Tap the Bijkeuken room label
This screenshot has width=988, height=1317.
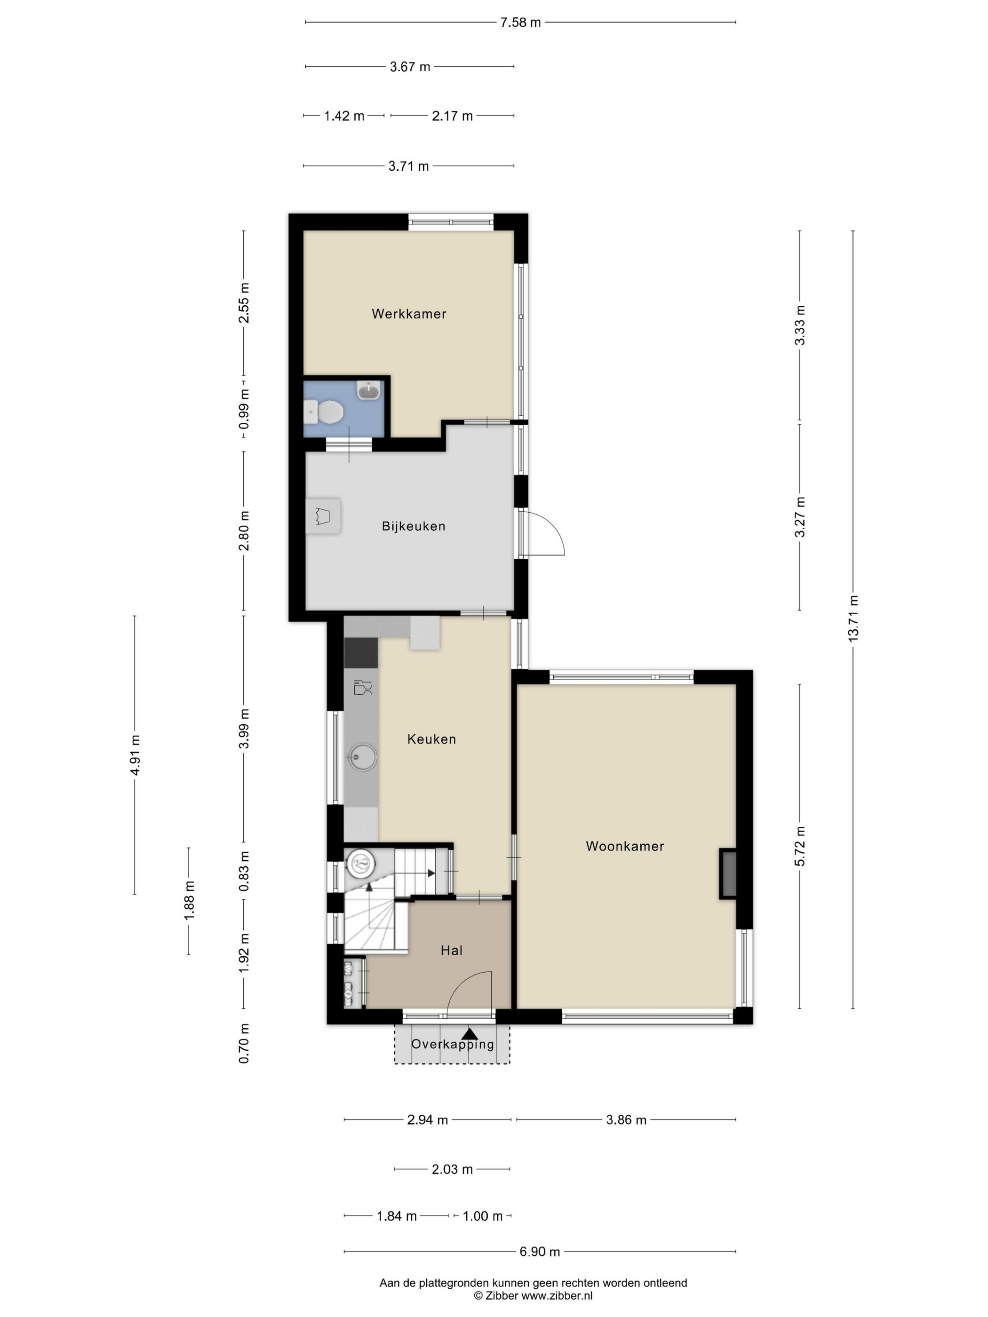413,526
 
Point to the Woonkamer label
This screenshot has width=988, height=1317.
625,846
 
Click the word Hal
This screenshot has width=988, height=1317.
451,950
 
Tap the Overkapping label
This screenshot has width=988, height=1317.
453,1044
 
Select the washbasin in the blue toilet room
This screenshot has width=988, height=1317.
369,390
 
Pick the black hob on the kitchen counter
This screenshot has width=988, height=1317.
361,652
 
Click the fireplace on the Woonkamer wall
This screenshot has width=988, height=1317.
728,873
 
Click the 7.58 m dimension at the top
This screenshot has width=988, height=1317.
520,23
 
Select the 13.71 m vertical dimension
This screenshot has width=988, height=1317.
853,619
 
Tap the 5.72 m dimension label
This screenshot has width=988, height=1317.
800,847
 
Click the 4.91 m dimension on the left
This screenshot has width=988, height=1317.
135,755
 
